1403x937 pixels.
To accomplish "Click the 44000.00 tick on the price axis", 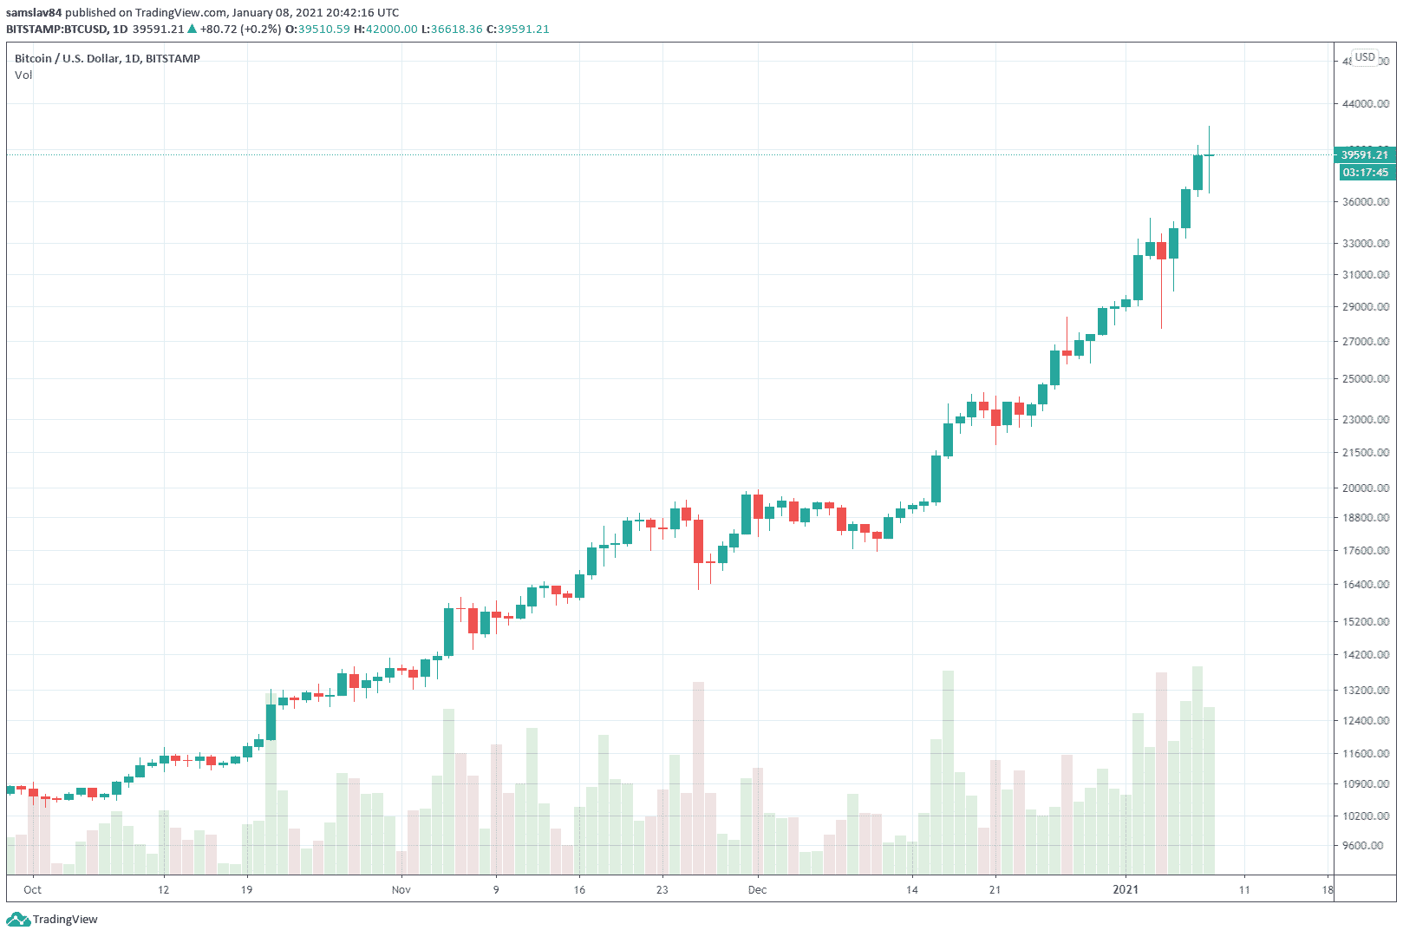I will point(1365,103).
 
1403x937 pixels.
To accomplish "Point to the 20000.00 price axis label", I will point(1365,488).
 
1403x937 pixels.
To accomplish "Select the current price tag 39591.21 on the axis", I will point(1364,154).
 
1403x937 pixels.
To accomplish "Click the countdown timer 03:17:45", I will point(1365,172).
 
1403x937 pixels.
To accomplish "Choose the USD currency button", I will point(1365,57).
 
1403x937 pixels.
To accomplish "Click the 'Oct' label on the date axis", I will point(32,889).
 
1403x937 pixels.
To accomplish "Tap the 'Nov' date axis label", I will point(401,889).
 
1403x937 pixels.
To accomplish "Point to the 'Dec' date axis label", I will point(757,889).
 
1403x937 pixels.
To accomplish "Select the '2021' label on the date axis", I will point(1126,889).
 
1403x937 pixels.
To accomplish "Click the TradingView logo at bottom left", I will point(54,920).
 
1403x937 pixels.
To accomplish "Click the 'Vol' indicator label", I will point(23,75).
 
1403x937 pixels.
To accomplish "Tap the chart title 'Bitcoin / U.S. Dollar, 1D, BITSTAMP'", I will point(108,58).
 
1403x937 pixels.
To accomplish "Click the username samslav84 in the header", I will point(34,12).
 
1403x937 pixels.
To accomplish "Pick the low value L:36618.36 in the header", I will point(452,29).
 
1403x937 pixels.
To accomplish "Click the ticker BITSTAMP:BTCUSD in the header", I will point(56,29).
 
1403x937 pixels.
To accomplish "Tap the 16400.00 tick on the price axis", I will point(1365,584).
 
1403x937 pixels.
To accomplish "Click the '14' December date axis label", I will point(911,889).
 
